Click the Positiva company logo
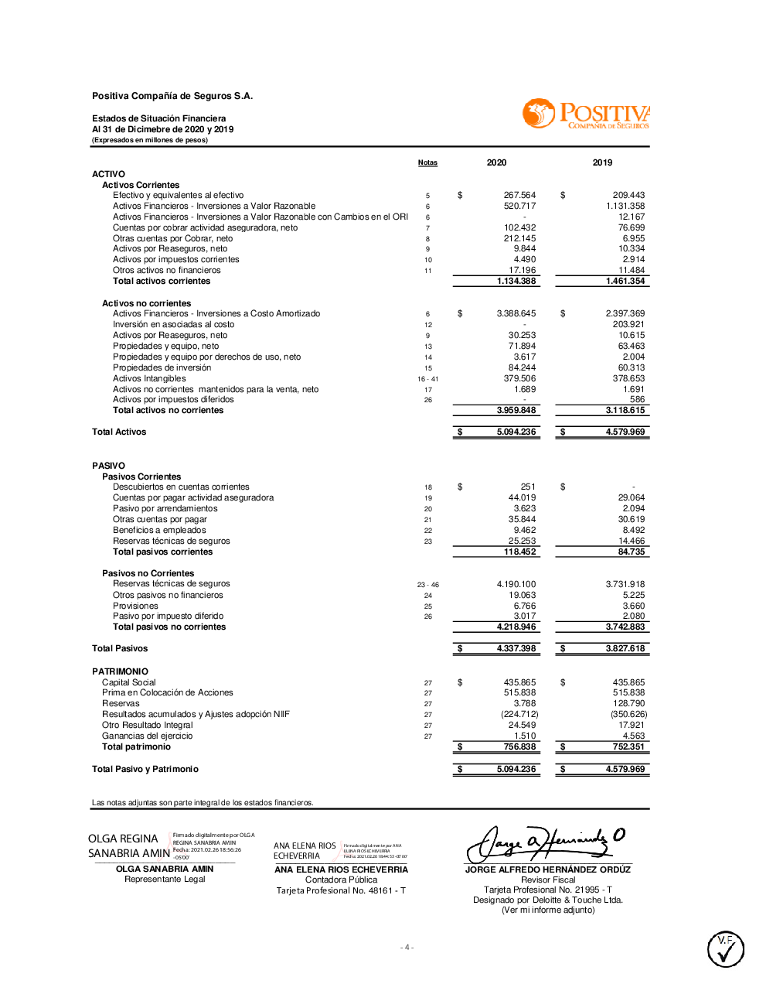point(585,114)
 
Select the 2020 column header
point(496,162)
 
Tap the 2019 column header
point(602,162)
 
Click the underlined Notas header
point(427,162)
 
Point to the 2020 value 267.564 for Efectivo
point(519,195)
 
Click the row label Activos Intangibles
point(149,378)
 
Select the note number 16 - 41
point(427,379)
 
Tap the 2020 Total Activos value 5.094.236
point(516,432)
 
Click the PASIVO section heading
point(108,466)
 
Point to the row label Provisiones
point(135,606)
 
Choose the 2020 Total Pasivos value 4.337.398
point(516,648)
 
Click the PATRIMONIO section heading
point(120,671)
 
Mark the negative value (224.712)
point(519,714)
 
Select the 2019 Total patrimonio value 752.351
point(628,746)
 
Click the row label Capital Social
point(129,682)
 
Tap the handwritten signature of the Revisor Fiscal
point(547,842)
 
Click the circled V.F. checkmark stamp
point(726,949)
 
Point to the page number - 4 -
point(407,947)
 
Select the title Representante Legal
point(165,879)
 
